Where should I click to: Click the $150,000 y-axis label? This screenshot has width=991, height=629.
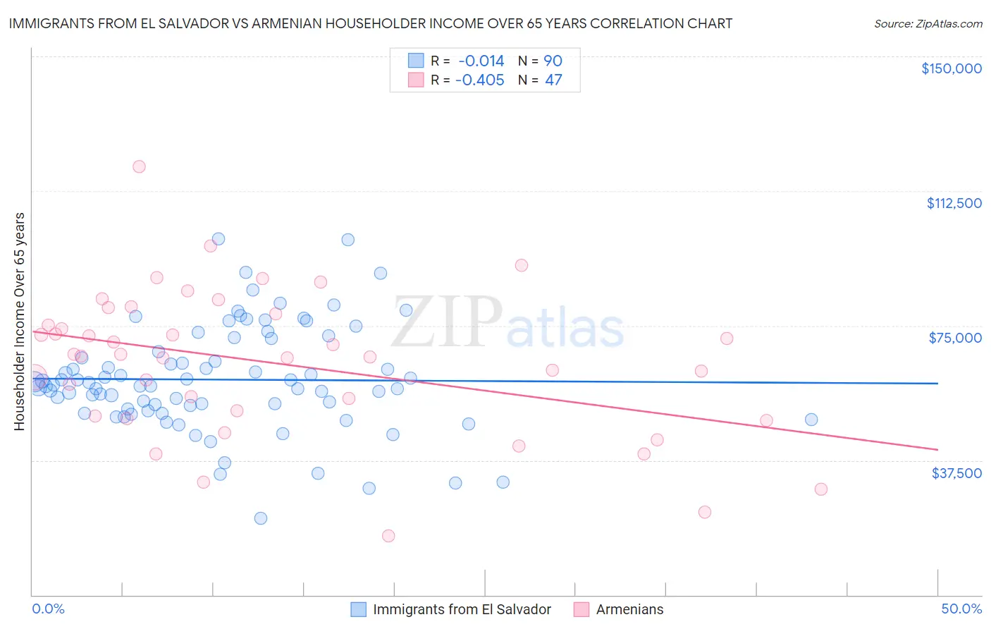(951, 68)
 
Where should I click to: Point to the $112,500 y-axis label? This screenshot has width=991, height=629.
(954, 203)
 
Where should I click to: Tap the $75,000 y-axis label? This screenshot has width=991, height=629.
(955, 338)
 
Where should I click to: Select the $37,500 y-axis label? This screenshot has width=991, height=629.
(956, 472)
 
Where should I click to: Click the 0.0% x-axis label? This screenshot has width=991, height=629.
(48, 609)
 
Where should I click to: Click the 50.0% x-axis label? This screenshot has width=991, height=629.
(961, 609)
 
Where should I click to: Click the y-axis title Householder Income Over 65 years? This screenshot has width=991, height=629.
(19, 322)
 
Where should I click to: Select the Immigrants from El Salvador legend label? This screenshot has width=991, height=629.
(462, 609)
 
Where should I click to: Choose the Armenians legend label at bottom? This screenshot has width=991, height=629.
(629, 609)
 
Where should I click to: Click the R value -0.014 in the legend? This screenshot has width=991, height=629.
(481, 61)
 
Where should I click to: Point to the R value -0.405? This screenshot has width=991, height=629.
(479, 80)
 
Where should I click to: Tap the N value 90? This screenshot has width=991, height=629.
(553, 61)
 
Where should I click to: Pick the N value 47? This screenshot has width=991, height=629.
(553, 80)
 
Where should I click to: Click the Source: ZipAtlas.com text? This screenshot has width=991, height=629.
(928, 24)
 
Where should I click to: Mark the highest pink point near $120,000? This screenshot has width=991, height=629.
(139, 166)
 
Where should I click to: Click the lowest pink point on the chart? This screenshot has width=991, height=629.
(388, 536)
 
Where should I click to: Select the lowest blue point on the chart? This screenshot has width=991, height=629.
(261, 518)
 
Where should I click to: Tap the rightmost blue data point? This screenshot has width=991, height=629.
(811, 420)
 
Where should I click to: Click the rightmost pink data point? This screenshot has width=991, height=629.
(820, 489)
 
